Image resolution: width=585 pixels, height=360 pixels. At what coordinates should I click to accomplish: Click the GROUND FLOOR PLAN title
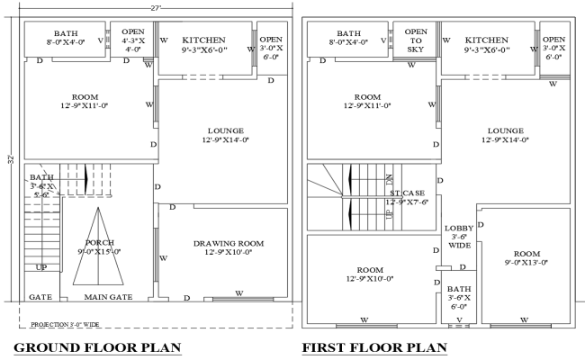coord(97,347)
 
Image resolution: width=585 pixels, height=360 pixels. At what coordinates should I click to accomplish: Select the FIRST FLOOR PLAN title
coord(373,347)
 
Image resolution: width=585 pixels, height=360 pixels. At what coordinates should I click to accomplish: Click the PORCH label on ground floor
coord(99,243)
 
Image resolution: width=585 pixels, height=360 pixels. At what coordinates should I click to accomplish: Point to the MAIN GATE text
coord(108,297)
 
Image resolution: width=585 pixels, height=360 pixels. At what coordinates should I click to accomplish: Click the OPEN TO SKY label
coord(416,40)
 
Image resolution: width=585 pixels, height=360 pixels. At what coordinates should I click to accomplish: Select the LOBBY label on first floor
coord(458,229)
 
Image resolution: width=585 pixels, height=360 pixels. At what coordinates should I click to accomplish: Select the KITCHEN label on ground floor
coord(203,40)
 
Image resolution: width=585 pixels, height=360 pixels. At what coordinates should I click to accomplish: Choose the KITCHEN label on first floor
coord(487,40)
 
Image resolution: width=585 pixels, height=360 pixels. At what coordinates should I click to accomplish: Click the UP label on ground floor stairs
coord(41,267)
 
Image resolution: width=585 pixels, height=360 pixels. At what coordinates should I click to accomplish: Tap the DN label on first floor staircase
coord(389,179)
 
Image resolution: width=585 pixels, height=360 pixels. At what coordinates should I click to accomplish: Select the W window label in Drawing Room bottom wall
coord(238,292)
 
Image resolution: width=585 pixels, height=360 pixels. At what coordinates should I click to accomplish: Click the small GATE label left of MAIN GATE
coord(40,297)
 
